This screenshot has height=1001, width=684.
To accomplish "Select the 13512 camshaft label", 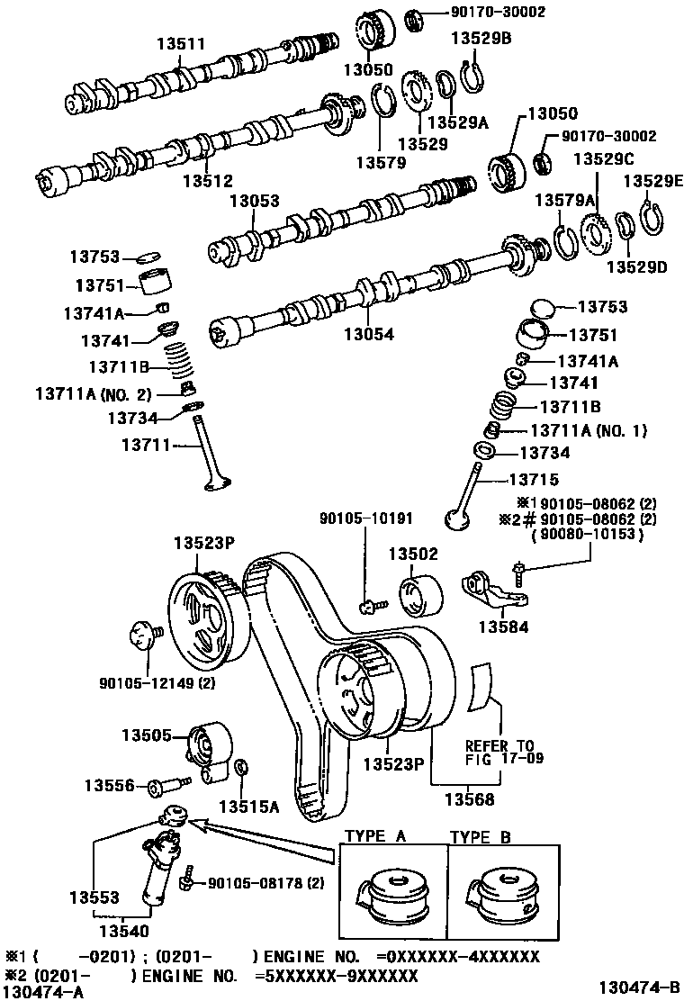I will pyautogui.click(x=208, y=181).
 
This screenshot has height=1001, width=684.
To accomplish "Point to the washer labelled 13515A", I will pyautogui.click(x=240, y=768).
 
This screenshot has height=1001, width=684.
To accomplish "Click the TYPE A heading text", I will pyautogui.click(x=376, y=836).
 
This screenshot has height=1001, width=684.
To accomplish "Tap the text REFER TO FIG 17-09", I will pyautogui.click(x=499, y=753).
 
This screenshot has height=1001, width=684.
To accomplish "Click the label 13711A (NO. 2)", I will pyautogui.click(x=94, y=393).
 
